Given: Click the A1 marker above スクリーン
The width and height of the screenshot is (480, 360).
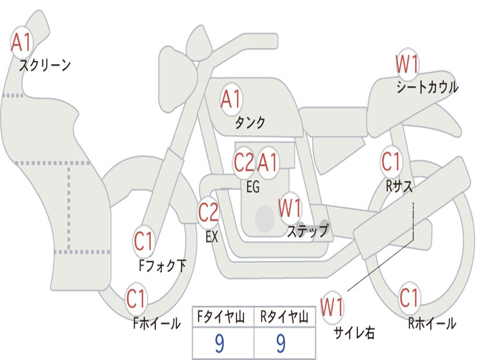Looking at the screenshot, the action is tap(22, 42).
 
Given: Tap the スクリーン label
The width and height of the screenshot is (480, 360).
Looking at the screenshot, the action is tap(45, 65).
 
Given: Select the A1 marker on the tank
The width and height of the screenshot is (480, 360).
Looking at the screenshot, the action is tap(232, 99).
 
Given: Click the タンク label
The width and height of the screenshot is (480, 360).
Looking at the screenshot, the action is tap(250, 122).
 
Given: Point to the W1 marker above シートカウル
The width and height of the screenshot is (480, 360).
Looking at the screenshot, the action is tap(407, 64).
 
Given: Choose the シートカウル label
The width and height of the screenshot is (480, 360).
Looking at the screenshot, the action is tap(427, 87).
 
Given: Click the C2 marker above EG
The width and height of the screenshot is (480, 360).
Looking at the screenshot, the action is tap(244, 163).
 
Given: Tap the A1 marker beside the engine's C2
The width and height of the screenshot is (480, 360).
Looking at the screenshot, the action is tap(268, 163).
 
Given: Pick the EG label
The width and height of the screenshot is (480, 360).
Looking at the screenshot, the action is tap(253, 187).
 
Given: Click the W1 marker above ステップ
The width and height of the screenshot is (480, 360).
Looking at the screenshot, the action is tap(290, 208).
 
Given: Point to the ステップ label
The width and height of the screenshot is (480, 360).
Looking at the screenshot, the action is tap(307, 230).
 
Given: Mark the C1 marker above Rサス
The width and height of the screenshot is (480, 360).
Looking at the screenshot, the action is tap(391, 161).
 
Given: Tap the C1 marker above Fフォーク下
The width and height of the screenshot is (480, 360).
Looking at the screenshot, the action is tap(143, 241).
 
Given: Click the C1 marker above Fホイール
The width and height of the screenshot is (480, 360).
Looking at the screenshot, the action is tap(136, 299).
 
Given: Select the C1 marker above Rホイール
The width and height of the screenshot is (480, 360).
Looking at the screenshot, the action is tap(409, 298).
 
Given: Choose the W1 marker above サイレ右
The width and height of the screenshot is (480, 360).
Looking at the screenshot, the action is tap(332, 307).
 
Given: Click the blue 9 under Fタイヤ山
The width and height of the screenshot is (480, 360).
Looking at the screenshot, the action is tap(219, 343).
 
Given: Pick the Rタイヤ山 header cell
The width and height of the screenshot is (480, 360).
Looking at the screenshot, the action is tap(285, 317).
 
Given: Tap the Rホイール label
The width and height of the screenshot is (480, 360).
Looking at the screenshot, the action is tap(432, 323).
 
